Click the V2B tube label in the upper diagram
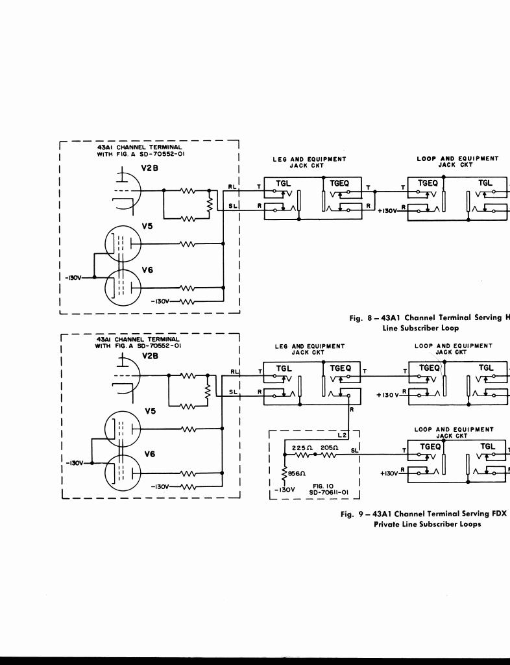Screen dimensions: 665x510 [150, 168]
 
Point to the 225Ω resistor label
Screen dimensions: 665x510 [302, 448]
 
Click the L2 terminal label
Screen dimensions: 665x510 [343, 434]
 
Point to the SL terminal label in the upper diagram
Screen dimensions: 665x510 [234, 205]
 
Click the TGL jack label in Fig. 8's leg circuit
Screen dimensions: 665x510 [284, 183]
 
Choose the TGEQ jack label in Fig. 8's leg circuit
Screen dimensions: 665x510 [340, 183]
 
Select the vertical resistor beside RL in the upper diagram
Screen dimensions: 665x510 [209, 204]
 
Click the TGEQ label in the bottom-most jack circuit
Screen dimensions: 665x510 [430, 446]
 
